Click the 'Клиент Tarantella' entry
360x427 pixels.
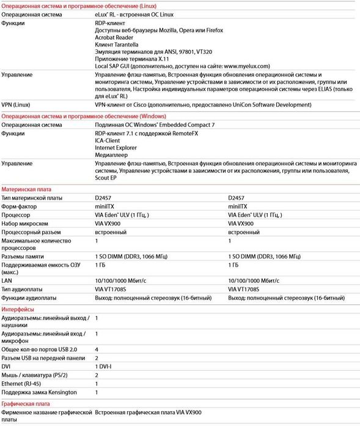point(119,45)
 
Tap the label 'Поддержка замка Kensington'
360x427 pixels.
point(39,392)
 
